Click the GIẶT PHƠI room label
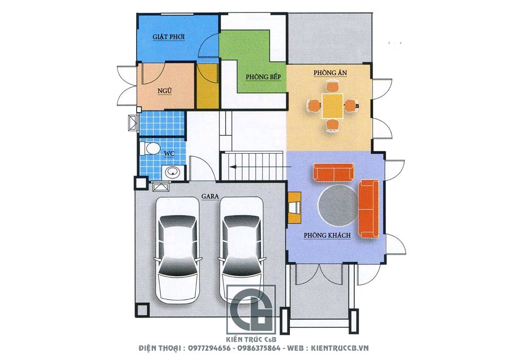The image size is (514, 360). pyautogui.click(x=169, y=37)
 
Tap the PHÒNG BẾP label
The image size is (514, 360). pyautogui.click(x=264, y=77)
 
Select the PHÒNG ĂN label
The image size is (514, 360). pyautogui.click(x=330, y=72)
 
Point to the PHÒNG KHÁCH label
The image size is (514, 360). pyautogui.click(x=327, y=235)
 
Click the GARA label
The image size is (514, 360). pyautogui.click(x=210, y=196)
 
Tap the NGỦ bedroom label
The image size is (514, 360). pyautogui.click(x=165, y=91)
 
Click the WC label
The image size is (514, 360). pyautogui.click(x=169, y=153)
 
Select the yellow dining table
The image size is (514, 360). pyautogui.click(x=333, y=106)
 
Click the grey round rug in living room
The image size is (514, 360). pyautogui.click(x=338, y=206)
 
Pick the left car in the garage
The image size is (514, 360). pyautogui.click(x=177, y=249)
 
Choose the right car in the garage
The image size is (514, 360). pyautogui.click(x=242, y=249)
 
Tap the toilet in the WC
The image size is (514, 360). pyautogui.click(x=149, y=148)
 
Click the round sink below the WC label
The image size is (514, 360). pyautogui.click(x=172, y=171)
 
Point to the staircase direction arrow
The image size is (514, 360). pyautogui.click(x=260, y=167)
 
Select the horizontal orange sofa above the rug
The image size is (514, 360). pyautogui.click(x=334, y=172)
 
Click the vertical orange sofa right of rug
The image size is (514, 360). pyautogui.click(x=369, y=208)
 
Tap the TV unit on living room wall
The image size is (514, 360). pyautogui.click(x=295, y=208)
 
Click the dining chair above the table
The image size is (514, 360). pyautogui.click(x=333, y=87)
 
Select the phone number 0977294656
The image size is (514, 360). pyautogui.click(x=209, y=348)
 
